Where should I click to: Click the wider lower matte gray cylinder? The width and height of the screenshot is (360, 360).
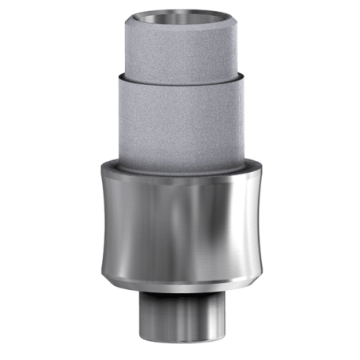coord(180,119)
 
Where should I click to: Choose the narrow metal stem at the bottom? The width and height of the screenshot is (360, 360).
coord(180,315)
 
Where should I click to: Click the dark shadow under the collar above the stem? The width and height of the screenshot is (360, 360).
coord(180,292)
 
